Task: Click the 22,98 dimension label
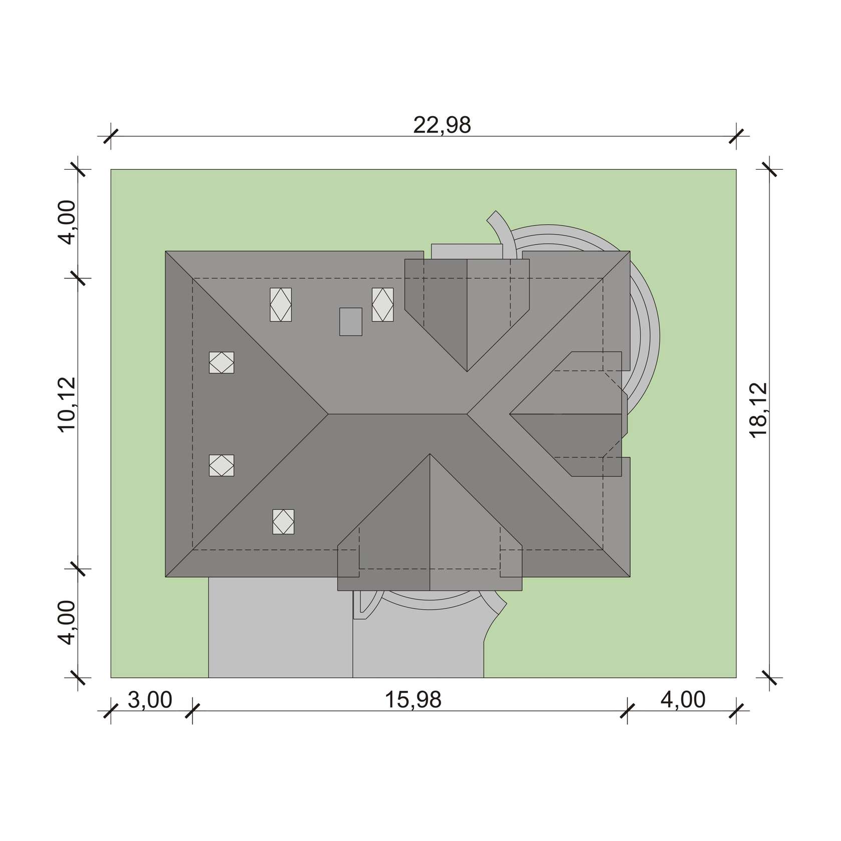click(x=442, y=125)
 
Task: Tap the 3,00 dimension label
click(x=150, y=700)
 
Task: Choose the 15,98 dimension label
click(x=413, y=700)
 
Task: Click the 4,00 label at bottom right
click(x=683, y=700)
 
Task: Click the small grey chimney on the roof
click(x=350, y=321)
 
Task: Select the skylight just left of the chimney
click(x=281, y=304)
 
